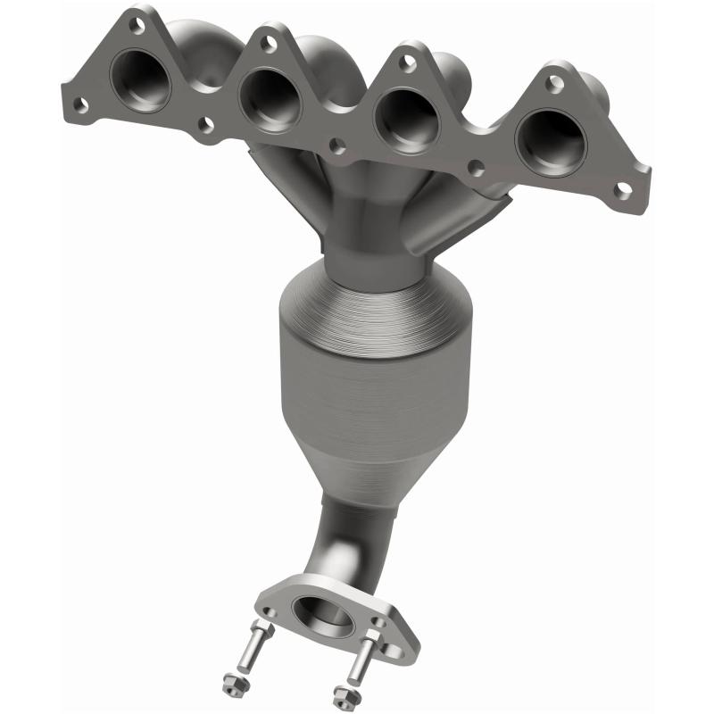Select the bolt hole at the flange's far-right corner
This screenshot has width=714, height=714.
point(625,188)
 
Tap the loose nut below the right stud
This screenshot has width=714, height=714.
point(339,695)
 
